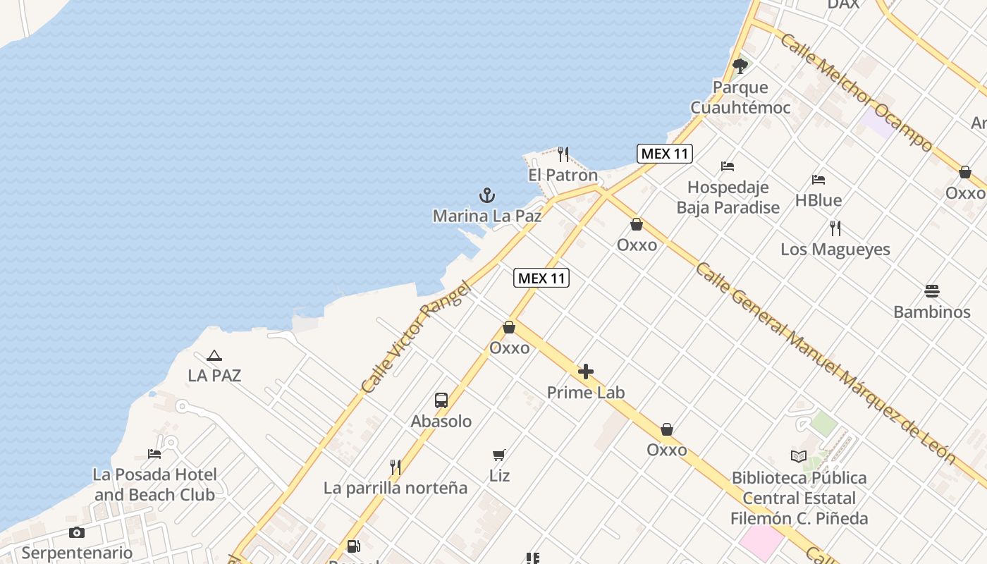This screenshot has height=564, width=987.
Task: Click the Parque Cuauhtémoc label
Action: [x=740, y=97]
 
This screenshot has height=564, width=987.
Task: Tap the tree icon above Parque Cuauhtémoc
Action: [x=740, y=66]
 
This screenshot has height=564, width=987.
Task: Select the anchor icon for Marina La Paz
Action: [x=487, y=195]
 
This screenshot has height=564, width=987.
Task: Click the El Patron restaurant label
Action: [x=563, y=175]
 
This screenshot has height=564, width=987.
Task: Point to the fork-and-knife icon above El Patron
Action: [x=563, y=154]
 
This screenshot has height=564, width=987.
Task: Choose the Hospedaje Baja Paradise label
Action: [x=728, y=197]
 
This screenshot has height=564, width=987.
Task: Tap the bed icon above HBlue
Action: [x=818, y=180]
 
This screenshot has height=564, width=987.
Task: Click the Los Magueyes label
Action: [x=835, y=249]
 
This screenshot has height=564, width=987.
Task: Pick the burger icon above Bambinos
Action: [x=931, y=291]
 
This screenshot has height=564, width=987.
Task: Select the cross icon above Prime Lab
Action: [x=586, y=372]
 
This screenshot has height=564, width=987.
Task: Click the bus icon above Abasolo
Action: [x=441, y=400]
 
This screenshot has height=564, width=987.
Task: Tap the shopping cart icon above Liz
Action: [x=499, y=455]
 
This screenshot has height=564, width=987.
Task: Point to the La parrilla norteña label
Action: [x=395, y=488]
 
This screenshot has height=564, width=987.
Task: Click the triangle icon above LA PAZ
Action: [x=214, y=356]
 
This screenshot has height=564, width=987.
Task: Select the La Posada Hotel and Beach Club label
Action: [x=154, y=484]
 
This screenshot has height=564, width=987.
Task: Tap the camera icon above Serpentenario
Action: [x=77, y=532]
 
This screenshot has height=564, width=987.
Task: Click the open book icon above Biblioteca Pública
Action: [x=798, y=457]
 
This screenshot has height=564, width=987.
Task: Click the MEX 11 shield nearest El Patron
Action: [x=664, y=154]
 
